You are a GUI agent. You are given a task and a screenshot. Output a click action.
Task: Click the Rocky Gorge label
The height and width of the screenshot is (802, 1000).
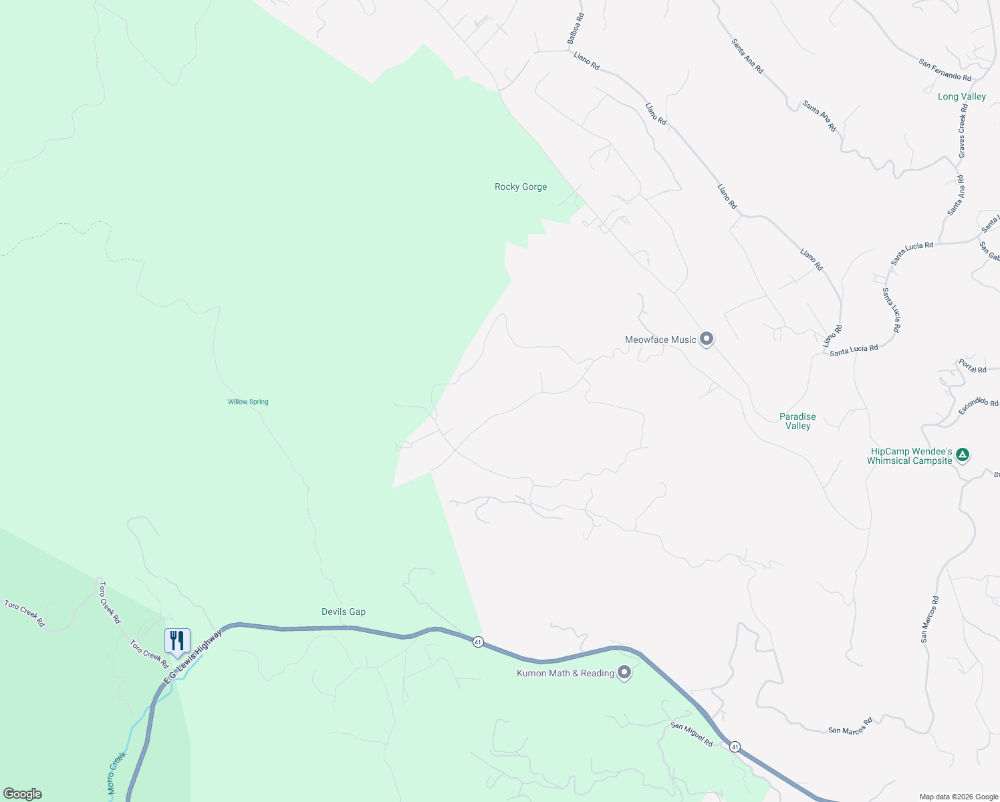click(x=521, y=187)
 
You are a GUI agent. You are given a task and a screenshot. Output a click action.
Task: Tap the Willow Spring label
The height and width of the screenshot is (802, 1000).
click(x=248, y=402)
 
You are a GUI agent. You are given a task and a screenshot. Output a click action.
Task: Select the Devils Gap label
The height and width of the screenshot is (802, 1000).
click(x=344, y=612)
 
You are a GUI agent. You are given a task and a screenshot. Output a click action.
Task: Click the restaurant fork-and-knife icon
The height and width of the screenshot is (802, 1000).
click(x=177, y=640)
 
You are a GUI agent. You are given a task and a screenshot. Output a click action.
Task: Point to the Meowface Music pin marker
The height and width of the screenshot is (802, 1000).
click(x=707, y=339)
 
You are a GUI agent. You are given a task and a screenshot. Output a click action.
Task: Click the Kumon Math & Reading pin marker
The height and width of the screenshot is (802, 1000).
click(x=624, y=672)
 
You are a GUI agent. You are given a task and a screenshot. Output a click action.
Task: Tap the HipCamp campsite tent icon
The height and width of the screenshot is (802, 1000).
click(x=962, y=455)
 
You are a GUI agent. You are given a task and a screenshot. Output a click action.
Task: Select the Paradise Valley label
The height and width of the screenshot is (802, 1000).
click(x=797, y=421)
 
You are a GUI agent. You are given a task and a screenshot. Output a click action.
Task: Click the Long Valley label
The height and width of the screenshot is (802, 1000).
click(x=962, y=97)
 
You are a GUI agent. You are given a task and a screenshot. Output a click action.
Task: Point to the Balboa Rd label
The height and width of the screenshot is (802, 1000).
click(x=576, y=29)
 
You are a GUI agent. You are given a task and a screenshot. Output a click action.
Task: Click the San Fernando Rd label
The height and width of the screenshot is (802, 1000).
click(x=945, y=70)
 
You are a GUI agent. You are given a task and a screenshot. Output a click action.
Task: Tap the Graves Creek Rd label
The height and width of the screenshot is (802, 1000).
click(x=962, y=131)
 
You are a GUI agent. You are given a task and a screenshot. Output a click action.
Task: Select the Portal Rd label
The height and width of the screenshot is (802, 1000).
click(x=973, y=366)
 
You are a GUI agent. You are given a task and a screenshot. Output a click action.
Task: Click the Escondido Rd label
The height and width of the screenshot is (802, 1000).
click(x=978, y=405)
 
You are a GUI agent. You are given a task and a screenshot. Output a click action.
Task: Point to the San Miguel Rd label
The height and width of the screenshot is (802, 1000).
click(x=692, y=734)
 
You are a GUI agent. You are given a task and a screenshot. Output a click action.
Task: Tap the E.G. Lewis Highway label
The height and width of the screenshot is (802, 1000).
click(x=193, y=658)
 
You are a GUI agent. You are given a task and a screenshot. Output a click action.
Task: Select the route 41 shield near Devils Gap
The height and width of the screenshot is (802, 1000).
click(x=478, y=642)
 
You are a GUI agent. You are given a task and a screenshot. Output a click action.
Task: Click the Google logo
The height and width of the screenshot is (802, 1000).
click(x=23, y=794)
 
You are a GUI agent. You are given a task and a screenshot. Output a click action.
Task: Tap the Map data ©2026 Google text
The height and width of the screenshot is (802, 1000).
click(x=959, y=797)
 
